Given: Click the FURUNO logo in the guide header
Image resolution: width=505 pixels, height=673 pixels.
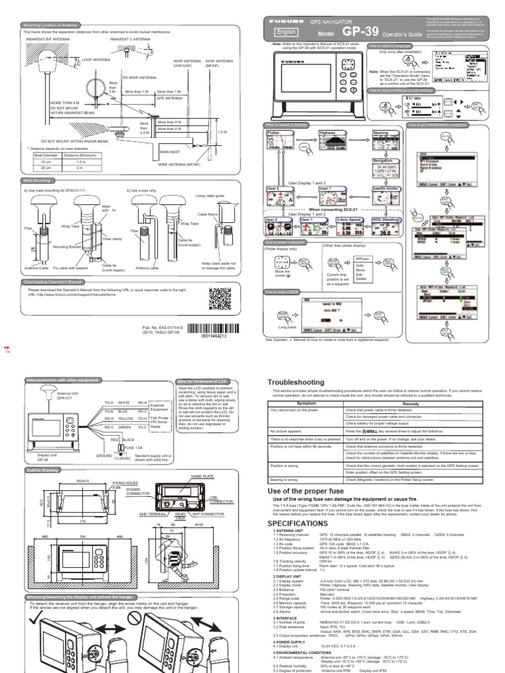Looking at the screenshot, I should [286, 22].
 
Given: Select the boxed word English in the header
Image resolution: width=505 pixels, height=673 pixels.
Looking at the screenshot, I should [283, 32].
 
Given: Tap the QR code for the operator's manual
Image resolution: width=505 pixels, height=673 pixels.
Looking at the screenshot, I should [221, 299].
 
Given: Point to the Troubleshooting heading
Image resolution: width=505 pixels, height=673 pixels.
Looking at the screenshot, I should [297, 383].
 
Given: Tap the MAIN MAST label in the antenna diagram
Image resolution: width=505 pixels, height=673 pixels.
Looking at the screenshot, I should [170, 152].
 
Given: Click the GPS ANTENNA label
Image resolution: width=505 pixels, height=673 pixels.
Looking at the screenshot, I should [170, 97].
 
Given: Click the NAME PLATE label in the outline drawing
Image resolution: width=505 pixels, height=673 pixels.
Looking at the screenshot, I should [199, 475].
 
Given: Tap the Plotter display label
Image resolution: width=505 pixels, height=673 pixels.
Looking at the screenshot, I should [274, 133].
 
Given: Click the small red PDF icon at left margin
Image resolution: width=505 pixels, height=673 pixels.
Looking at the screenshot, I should [7, 349].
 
